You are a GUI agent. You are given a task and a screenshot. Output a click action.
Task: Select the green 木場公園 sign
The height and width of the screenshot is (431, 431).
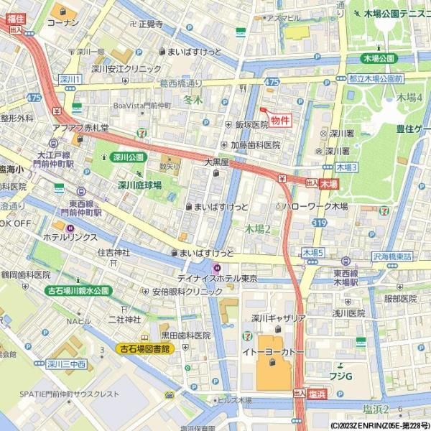click(x=379, y=58)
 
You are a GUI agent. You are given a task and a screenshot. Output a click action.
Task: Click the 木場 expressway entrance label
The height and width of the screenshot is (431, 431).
click(x=329, y=185)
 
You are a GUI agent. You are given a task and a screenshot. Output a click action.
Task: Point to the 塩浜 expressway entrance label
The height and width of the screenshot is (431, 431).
click(x=317, y=394)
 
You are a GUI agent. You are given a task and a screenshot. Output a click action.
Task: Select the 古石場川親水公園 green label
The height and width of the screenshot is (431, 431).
click(x=78, y=291)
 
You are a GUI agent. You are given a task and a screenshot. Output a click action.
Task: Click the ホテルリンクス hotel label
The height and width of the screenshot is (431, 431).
click(x=72, y=236)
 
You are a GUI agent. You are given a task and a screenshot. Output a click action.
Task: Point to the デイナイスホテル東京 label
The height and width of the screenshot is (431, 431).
click(x=218, y=278)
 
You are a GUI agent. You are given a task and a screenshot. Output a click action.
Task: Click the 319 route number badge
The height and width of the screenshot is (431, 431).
click(x=318, y=223)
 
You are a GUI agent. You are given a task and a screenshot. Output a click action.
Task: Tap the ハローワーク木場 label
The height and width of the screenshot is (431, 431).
click(x=315, y=206)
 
